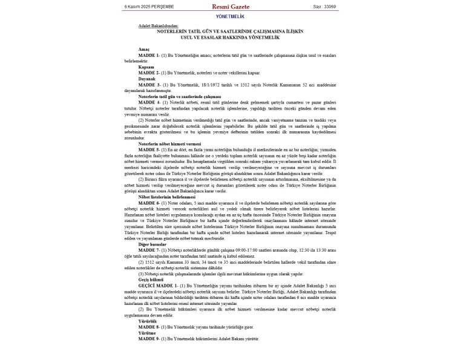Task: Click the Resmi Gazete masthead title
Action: tap(230, 7)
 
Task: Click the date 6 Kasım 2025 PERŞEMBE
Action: tap(149, 7)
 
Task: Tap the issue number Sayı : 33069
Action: tap(324, 7)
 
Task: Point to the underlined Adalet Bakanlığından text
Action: tap(159, 26)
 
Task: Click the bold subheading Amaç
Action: tap(143, 49)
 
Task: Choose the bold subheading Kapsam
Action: tap(146, 67)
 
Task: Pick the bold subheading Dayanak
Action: tap(146, 79)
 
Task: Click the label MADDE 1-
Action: tap(149, 55)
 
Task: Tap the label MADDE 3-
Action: tap(149, 85)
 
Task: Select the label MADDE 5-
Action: tap(149, 149)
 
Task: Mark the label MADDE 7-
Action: tap(149, 250)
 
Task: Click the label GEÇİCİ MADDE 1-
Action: tap(157, 285)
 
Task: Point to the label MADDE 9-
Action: tap(149, 339)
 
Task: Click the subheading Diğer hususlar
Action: tap(153, 244)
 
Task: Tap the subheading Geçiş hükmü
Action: tap(151, 280)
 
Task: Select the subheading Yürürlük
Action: tap(148, 321)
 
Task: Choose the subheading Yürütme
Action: tap(147, 333)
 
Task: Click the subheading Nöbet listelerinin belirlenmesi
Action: tap(166, 197)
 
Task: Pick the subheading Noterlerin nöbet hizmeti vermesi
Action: tap(169, 143)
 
